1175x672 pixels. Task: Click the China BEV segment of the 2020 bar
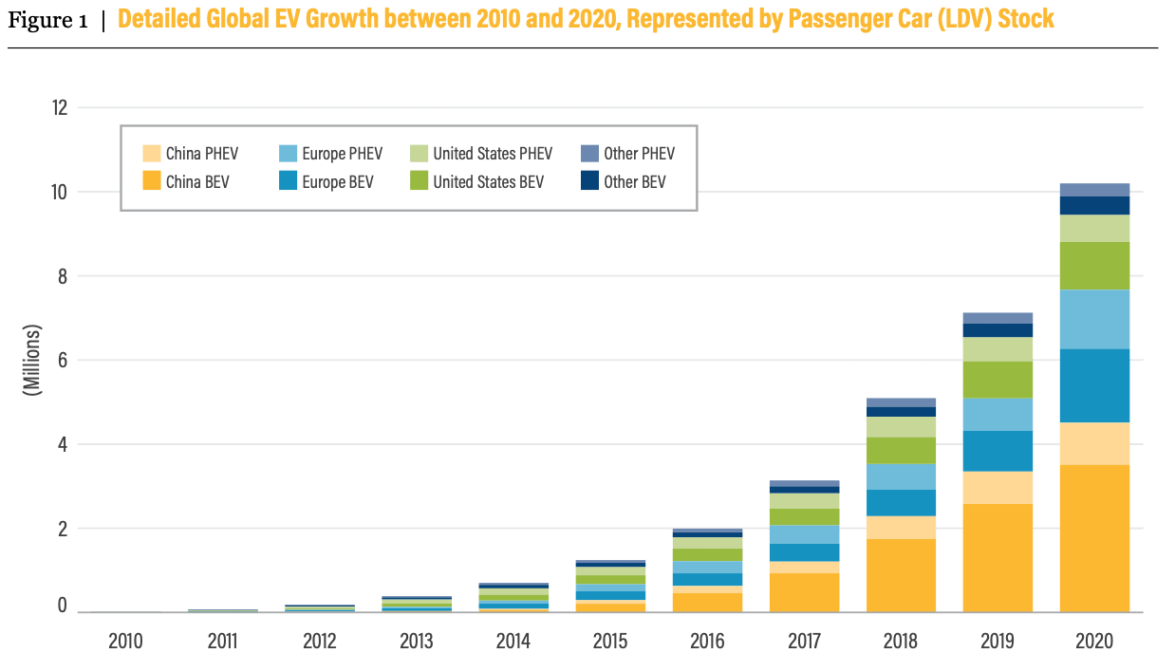click(1094, 538)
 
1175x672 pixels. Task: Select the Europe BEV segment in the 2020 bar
click(1094, 385)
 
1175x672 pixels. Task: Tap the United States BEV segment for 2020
click(1094, 266)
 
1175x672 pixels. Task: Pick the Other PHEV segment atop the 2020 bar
click(1094, 190)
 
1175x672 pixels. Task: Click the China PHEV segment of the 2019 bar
click(998, 488)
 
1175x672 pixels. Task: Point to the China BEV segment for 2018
click(901, 575)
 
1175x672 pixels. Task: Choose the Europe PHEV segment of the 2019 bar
click(998, 415)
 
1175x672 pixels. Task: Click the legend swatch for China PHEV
click(151, 154)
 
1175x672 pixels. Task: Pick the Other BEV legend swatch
click(588, 181)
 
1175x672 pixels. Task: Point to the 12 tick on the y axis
click(59, 107)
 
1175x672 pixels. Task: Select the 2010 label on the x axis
click(125, 642)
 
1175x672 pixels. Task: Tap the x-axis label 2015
click(609, 642)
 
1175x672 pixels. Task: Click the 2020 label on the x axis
click(1094, 642)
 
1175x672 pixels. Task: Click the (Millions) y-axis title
click(33, 360)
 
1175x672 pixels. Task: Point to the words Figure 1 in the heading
click(47, 20)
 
